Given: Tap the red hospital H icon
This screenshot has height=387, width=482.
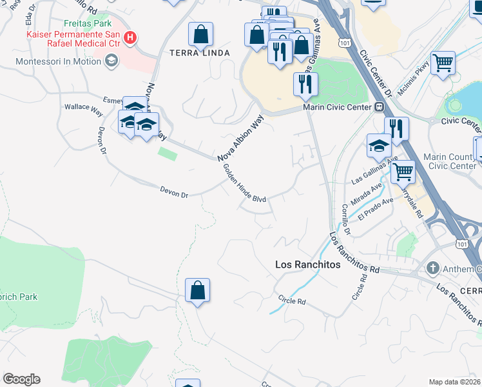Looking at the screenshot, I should tap(131, 37).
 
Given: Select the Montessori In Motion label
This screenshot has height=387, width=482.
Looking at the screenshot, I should tap(59, 61).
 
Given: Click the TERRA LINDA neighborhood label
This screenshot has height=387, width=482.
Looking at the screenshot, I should tap(199, 53).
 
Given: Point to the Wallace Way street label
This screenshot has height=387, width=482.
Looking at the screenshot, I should tap(83, 109).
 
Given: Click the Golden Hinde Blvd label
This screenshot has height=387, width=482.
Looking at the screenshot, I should tap(244, 184).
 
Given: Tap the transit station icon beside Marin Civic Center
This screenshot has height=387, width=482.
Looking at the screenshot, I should tap(380, 107).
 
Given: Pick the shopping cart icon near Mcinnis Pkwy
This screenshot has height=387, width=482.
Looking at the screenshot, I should tap(443, 64).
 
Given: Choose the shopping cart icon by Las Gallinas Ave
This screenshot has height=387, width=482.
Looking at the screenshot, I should tap(403, 172).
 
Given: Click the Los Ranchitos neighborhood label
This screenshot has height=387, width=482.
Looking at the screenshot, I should tap(307, 264).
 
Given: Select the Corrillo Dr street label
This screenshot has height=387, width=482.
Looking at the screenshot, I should tap(347, 219).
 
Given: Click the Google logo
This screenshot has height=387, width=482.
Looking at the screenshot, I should tap(21, 379).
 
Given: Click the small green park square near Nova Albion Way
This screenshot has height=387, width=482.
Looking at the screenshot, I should tap(168, 154).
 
